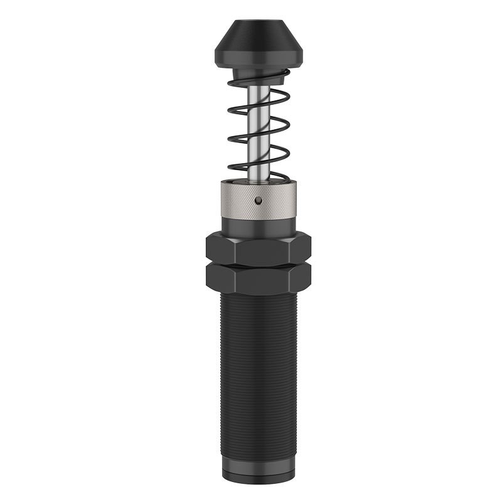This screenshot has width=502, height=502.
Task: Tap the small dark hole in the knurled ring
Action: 258,200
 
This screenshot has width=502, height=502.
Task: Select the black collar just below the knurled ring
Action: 258,225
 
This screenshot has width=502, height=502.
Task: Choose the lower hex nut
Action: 258,277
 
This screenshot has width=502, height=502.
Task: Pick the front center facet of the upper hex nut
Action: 258,250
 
